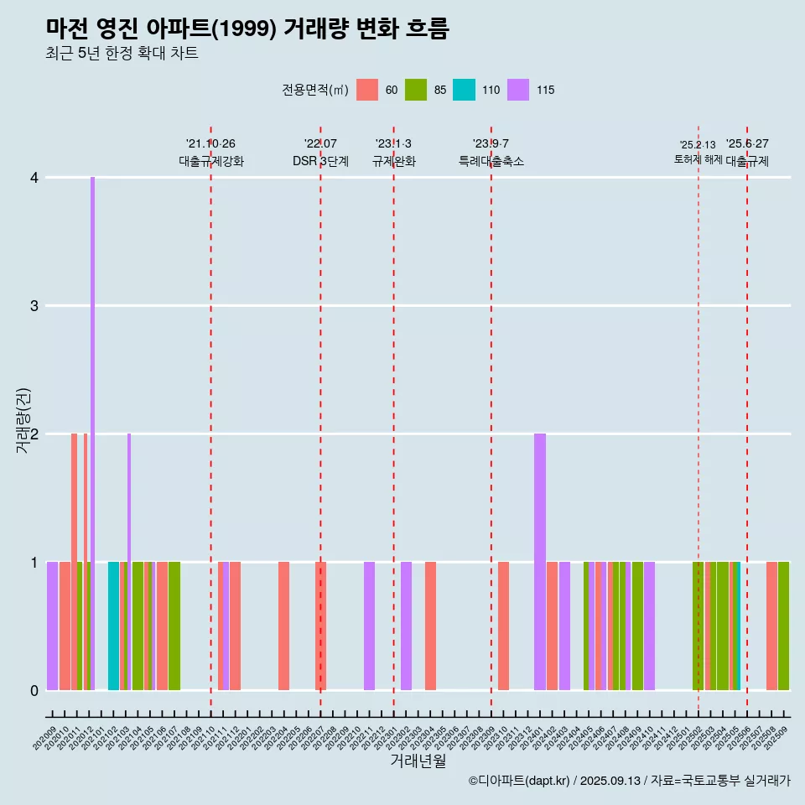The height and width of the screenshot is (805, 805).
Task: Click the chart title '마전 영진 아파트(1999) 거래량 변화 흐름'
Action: tap(247, 29)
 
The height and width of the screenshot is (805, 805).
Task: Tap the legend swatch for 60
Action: tap(367, 90)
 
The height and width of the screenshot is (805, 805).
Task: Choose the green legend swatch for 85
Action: tap(416, 90)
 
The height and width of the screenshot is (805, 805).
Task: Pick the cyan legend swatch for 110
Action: tap(464, 90)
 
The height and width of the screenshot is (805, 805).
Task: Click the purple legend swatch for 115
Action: tap(518, 90)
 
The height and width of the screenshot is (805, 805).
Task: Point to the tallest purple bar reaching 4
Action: tap(92, 433)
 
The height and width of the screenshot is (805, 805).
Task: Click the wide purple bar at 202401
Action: tap(540, 562)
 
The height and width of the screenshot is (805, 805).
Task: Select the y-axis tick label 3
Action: tap(34, 306)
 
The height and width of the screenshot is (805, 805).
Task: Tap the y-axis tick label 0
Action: tap(34, 690)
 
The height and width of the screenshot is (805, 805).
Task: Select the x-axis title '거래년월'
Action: tap(418, 761)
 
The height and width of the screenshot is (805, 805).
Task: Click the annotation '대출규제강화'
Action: tap(211, 161)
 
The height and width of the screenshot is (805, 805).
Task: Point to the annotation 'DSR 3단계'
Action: tap(320, 161)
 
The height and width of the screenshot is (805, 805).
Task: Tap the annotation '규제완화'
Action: tap(394, 161)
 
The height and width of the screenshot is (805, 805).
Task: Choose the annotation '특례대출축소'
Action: tap(491, 161)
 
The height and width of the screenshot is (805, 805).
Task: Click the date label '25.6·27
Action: tap(747, 144)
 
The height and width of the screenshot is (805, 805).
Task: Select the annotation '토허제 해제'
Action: tap(698, 159)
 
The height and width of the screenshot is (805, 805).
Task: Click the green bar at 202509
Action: tap(783, 626)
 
